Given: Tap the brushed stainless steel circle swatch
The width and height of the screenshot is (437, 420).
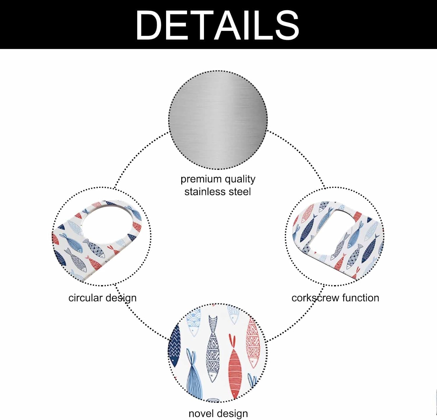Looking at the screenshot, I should [x=218, y=120].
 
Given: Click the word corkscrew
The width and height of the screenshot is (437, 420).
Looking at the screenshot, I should [x=315, y=298].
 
